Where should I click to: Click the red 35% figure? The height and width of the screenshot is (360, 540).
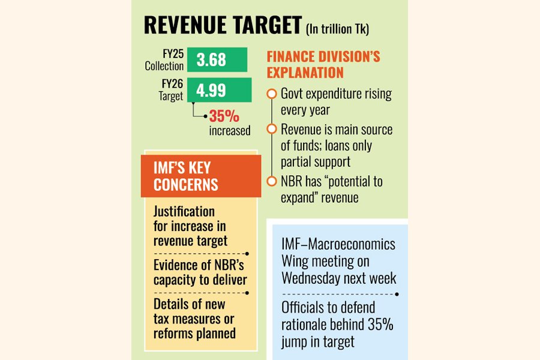pos(224,116)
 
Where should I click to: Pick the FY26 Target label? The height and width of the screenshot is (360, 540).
pos(170,91)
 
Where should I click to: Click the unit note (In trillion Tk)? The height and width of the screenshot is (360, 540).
pos(337,29)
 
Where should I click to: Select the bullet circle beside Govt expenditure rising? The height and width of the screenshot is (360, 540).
pos(272,94)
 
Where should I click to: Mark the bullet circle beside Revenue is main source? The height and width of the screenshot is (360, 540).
pos(272,129)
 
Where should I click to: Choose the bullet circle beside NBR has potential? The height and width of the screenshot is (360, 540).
pos(272,181)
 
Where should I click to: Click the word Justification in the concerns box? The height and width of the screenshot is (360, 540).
pos(184,212)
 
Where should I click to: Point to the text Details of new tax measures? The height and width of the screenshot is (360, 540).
pos(194,319)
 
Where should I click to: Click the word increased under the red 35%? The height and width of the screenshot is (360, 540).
pos(230,130)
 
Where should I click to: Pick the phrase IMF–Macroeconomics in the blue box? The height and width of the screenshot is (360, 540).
pos(338,245)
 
